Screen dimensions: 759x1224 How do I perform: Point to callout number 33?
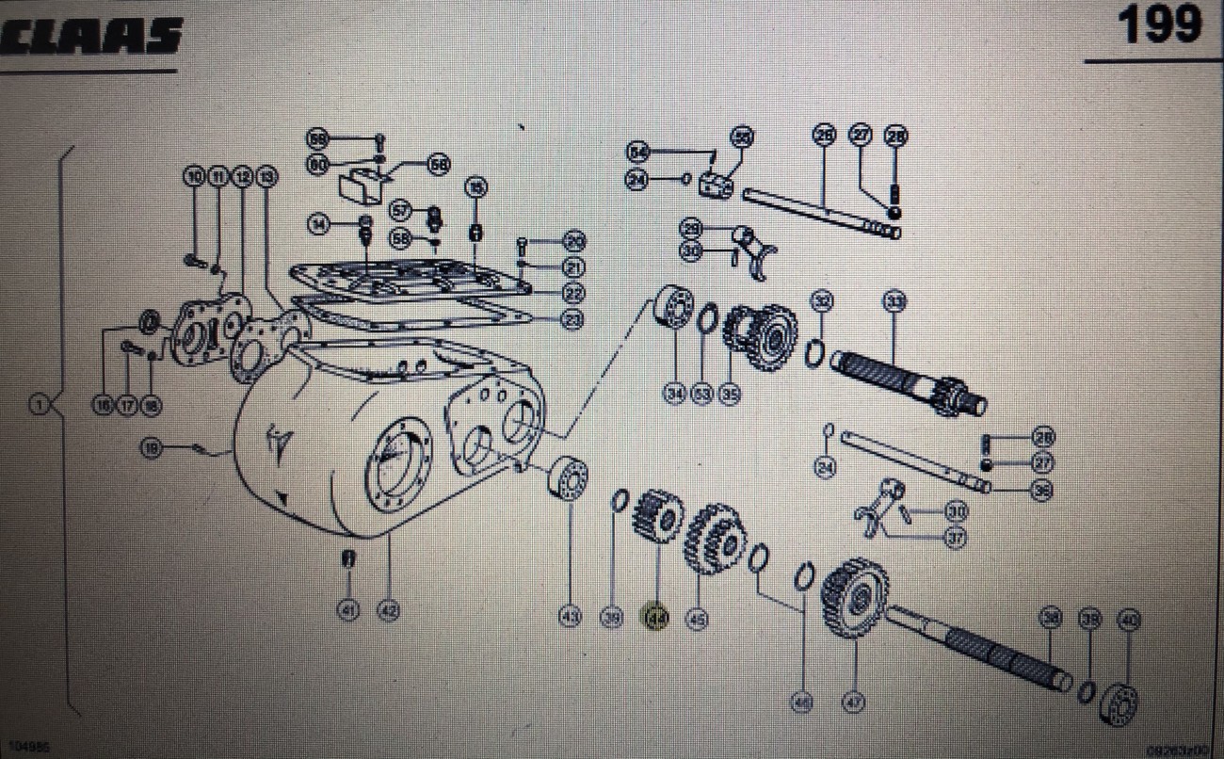pos(894,301)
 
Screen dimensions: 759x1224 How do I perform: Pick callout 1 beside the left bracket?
pos(38,405)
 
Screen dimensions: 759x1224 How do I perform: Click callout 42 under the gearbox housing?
pos(388,610)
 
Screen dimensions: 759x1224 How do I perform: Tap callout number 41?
pos(349,610)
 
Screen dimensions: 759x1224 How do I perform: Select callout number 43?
pos(569,617)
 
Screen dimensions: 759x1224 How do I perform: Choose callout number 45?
pos(698,619)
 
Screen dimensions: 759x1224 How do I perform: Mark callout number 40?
pos(1129,619)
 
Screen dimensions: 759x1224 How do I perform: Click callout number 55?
pos(743,137)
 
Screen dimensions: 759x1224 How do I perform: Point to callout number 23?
pos(572,319)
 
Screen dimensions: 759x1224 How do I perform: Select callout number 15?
pos(476,188)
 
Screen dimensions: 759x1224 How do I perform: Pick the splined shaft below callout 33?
pos(909,380)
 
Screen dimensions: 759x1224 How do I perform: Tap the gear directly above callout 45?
pos(714,541)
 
